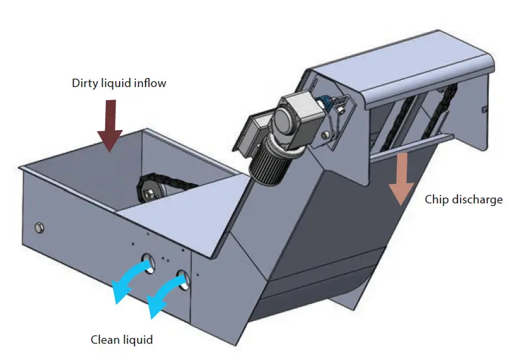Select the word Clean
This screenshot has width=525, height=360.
105,339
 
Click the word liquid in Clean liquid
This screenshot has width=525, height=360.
138,339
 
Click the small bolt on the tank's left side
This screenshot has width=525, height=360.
39,226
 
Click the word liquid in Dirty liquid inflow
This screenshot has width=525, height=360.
118,83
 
